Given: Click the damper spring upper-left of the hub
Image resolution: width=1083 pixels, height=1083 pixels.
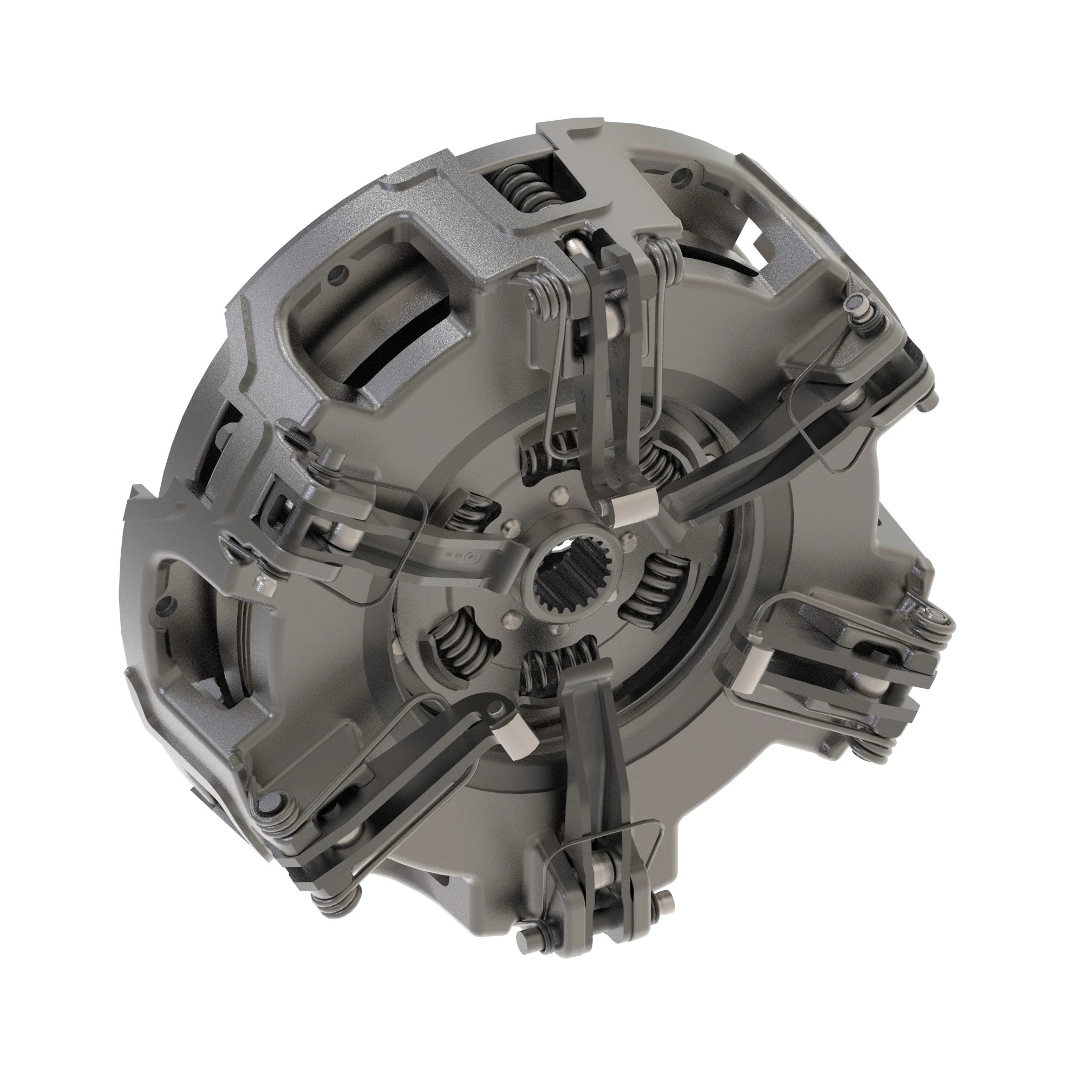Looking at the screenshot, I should (x=474, y=513).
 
